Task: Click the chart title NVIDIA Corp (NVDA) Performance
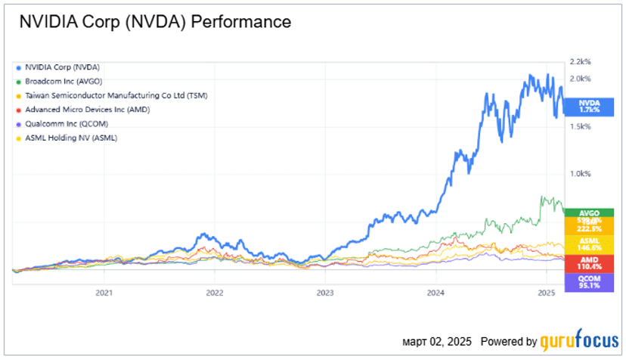156,22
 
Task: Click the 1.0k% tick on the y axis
580,174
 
